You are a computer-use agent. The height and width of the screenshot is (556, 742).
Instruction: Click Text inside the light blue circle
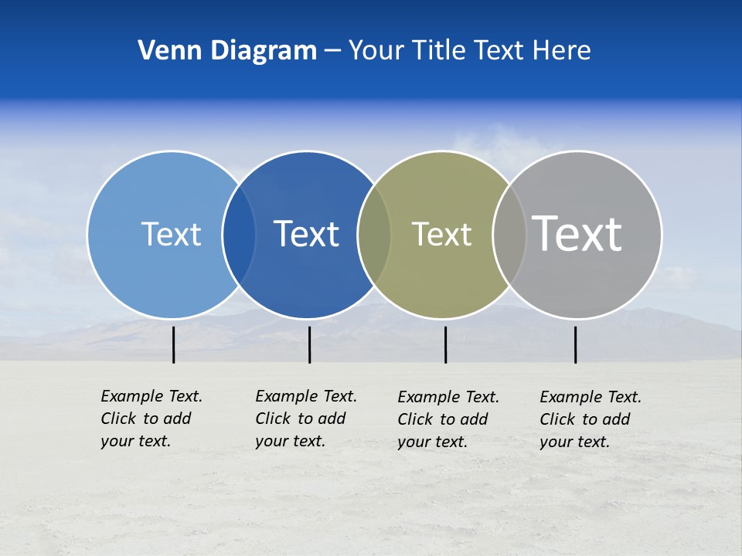[171, 234]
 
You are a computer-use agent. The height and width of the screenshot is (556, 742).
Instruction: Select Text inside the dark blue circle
[306, 234]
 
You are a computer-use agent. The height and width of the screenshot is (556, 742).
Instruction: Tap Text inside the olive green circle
[441, 234]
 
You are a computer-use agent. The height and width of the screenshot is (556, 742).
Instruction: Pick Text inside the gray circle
[577, 233]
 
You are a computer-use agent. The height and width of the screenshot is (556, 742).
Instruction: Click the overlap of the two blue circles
[239, 235]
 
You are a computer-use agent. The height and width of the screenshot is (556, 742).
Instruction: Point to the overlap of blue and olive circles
[374, 235]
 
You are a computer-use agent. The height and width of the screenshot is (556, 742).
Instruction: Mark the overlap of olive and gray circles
[509, 235]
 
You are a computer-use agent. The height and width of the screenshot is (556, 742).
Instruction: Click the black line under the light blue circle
[173, 344]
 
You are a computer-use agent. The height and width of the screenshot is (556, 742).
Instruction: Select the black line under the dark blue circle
[309, 344]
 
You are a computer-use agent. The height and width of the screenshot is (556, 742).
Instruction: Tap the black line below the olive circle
[445, 344]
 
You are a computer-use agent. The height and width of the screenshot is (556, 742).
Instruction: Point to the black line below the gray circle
[575, 344]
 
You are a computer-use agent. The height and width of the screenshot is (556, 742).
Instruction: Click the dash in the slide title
[332, 52]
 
